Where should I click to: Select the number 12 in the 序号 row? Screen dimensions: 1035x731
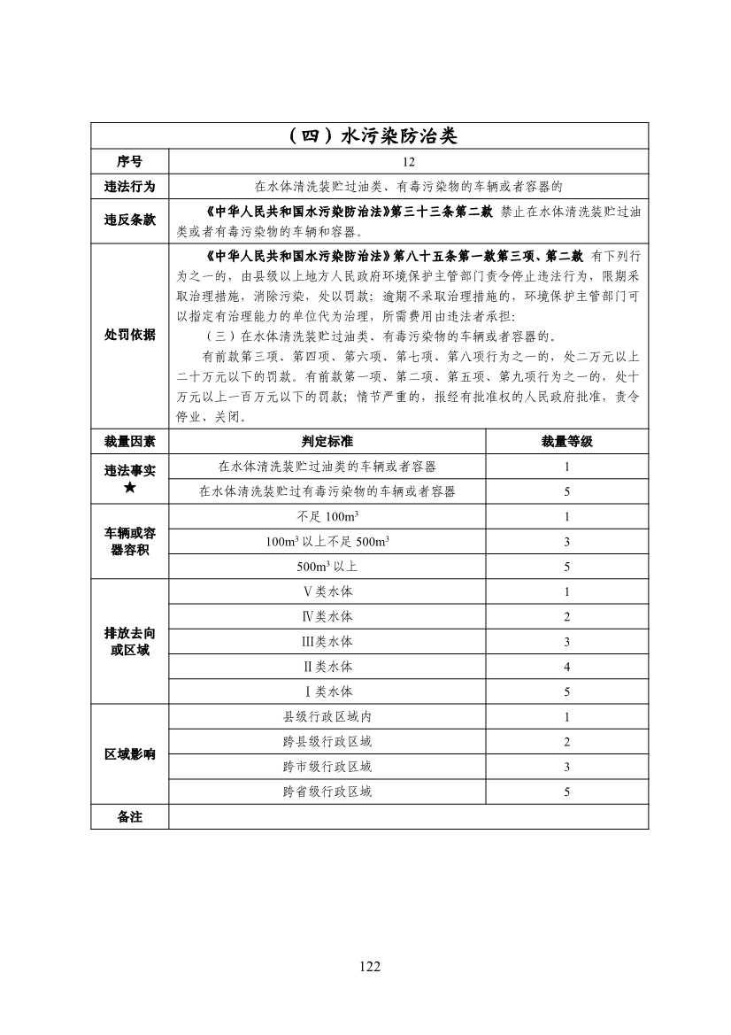coord(408,162)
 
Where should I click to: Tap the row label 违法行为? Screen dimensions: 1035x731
coord(129,187)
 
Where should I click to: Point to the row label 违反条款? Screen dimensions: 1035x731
coord(129,220)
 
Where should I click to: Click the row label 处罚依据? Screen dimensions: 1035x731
coord(129,335)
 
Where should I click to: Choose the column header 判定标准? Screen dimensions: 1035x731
coord(327,441)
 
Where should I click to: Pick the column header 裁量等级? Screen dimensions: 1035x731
coord(566,441)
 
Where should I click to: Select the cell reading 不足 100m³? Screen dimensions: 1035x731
coord(327,517)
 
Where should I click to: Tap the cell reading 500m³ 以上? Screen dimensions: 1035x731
coord(327,567)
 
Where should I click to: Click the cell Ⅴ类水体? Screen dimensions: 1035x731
coord(327,591)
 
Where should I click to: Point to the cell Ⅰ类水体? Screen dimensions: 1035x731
coord(327,691)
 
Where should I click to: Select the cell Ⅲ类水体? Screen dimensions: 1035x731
coord(327,642)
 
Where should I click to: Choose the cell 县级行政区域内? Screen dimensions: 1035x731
coord(327,717)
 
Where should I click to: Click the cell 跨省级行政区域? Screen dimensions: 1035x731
coord(327,792)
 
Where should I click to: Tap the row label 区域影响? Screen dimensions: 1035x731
coord(129,754)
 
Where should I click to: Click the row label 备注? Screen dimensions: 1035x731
coord(129,816)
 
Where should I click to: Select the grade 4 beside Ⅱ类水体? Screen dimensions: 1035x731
coord(566,667)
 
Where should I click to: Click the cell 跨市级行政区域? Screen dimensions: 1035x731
coord(327,767)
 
